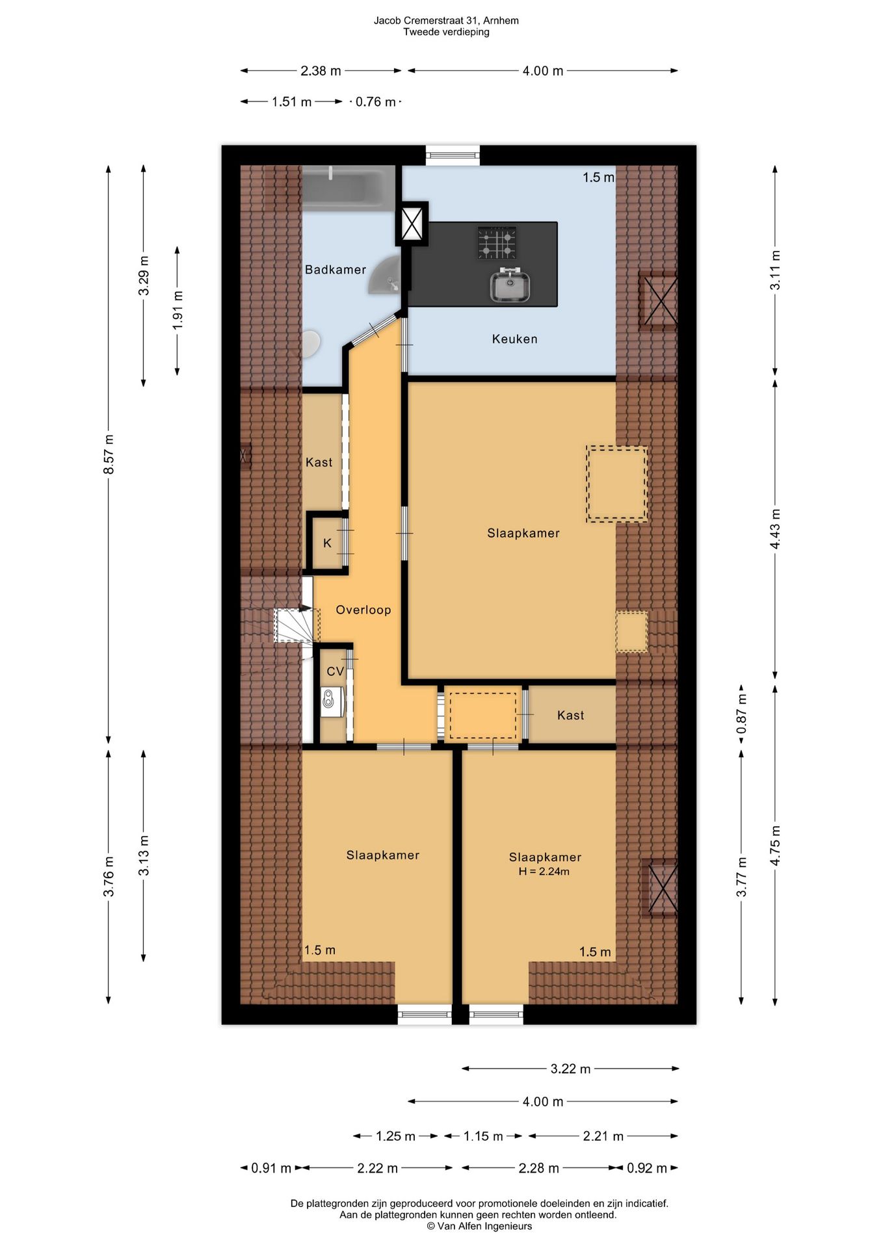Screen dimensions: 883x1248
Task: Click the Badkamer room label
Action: coord(336,270)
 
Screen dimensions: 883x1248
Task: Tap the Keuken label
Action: coord(514,339)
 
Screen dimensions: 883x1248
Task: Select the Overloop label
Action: coord(363,610)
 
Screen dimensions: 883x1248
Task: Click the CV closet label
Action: coord(335,671)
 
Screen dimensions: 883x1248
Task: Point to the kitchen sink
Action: coord(510,285)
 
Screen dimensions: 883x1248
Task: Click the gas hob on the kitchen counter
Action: coord(497,243)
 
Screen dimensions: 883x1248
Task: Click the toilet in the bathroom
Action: coord(311,343)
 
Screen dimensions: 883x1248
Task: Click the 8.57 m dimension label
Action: coord(109,454)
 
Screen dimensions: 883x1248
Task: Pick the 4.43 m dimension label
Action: coord(775,528)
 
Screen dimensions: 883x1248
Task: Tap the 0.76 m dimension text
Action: coord(376,102)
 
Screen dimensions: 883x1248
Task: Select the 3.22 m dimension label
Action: coord(570,1069)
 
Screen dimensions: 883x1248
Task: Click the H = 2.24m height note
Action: coord(544,872)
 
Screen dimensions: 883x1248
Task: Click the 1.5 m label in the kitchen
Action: coord(598,177)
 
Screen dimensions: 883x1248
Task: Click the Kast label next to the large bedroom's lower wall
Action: coord(570,716)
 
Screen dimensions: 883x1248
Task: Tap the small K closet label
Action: coord(327,543)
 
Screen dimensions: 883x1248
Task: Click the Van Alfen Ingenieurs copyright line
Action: coord(479,1227)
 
